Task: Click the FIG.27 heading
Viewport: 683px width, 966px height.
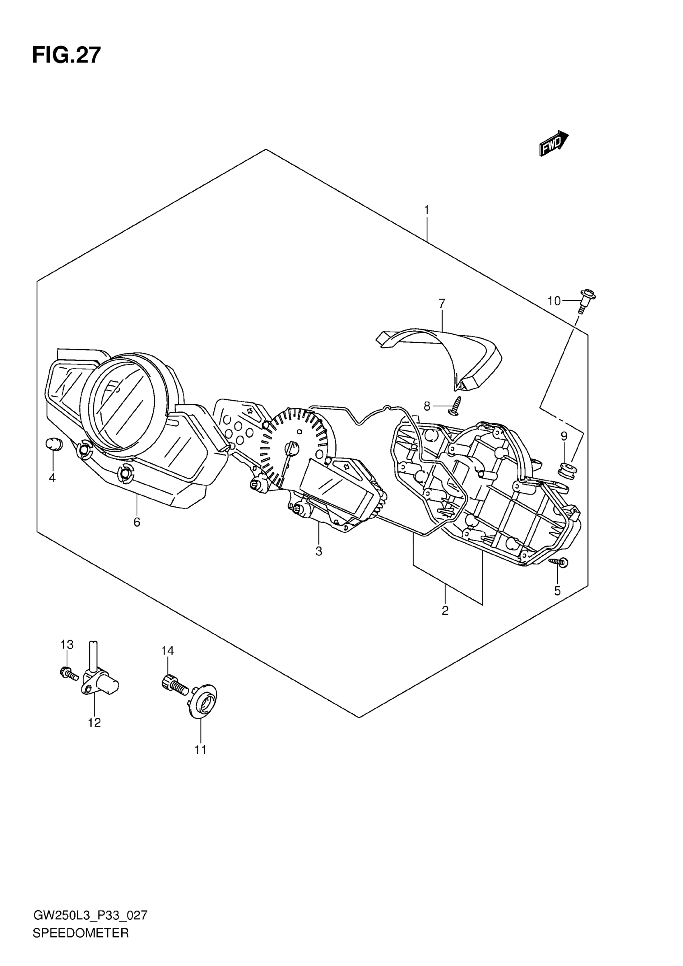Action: (66, 55)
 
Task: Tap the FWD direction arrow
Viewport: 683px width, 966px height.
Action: (554, 143)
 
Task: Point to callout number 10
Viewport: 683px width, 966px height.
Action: (554, 301)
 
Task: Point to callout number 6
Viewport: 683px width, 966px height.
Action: (137, 522)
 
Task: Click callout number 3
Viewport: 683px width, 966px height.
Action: (319, 551)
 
